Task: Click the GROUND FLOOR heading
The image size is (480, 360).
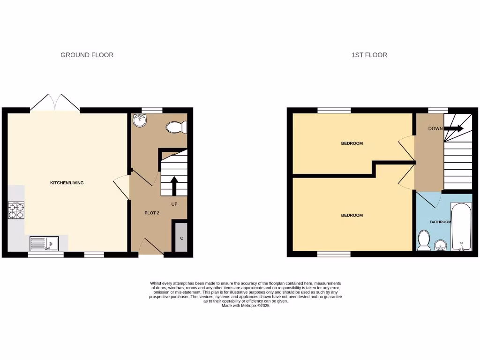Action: [87, 55]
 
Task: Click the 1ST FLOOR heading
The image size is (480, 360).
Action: [369, 55]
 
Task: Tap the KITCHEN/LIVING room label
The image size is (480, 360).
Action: [67, 183]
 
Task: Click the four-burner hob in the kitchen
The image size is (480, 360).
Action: [15, 210]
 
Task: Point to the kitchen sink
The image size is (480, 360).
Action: [44, 243]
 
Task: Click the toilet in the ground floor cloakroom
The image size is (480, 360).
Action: [177, 127]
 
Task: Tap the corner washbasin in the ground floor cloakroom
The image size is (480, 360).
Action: [140, 121]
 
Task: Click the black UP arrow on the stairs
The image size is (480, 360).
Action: [174, 186]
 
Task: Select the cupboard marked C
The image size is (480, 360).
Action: [181, 238]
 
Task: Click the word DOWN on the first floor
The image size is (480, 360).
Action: [435, 128]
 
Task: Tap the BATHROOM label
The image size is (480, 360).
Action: [440, 222]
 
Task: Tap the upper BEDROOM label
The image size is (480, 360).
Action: [352, 143]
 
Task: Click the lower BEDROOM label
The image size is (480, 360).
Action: [352, 216]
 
